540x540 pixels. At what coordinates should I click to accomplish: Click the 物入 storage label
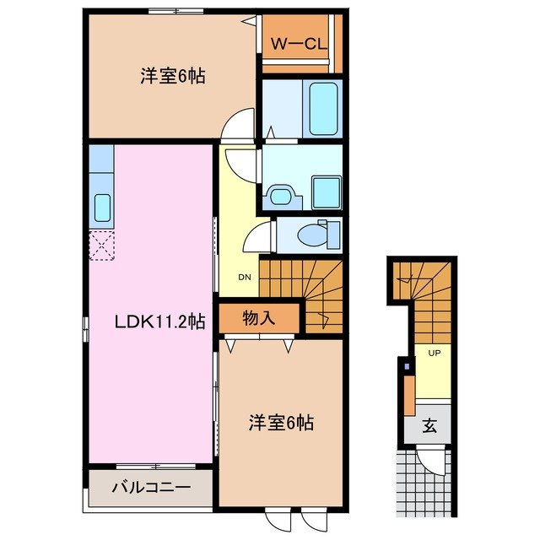(x=259, y=318)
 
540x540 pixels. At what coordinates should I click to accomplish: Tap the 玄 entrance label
(x=430, y=425)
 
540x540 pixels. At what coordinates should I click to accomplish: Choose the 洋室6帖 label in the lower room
(x=281, y=423)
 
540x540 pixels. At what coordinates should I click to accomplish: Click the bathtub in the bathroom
(x=323, y=110)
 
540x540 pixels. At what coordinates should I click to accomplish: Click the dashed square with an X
(x=101, y=246)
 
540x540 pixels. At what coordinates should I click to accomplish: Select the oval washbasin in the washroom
(x=280, y=196)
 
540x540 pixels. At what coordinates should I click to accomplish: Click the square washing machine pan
(x=325, y=191)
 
